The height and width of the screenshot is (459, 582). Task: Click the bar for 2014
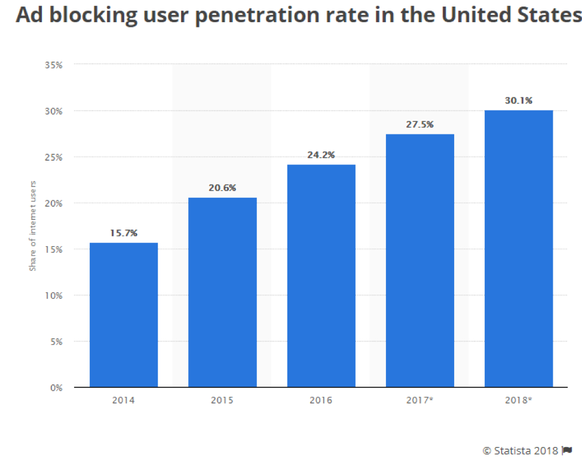tap(124, 315)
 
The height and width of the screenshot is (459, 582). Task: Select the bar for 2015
tap(222, 292)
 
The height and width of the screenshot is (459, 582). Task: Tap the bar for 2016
tap(321, 276)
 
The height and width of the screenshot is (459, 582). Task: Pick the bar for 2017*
tap(419, 261)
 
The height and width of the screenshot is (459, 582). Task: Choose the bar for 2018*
tap(519, 249)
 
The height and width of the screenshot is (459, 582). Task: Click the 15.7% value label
tap(124, 233)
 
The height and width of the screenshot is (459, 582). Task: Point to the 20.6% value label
tap(222, 188)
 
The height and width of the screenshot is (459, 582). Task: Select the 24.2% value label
tap(321, 155)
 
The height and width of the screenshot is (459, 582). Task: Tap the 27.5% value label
tap(419, 124)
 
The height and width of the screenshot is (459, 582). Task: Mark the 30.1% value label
tap(519, 100)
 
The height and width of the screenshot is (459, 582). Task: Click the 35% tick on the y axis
tap(53, 65)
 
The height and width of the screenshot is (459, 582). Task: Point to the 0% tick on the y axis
tap(56, 388)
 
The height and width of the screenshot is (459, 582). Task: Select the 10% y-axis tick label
tap(53, 295)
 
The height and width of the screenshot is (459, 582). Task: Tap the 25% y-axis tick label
tap(53, 157)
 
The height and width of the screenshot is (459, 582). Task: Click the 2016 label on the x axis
tap(321, 400)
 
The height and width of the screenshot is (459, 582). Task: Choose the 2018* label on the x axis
tap(519, 400)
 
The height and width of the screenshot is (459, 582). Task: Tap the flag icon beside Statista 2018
tap(566, 449)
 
